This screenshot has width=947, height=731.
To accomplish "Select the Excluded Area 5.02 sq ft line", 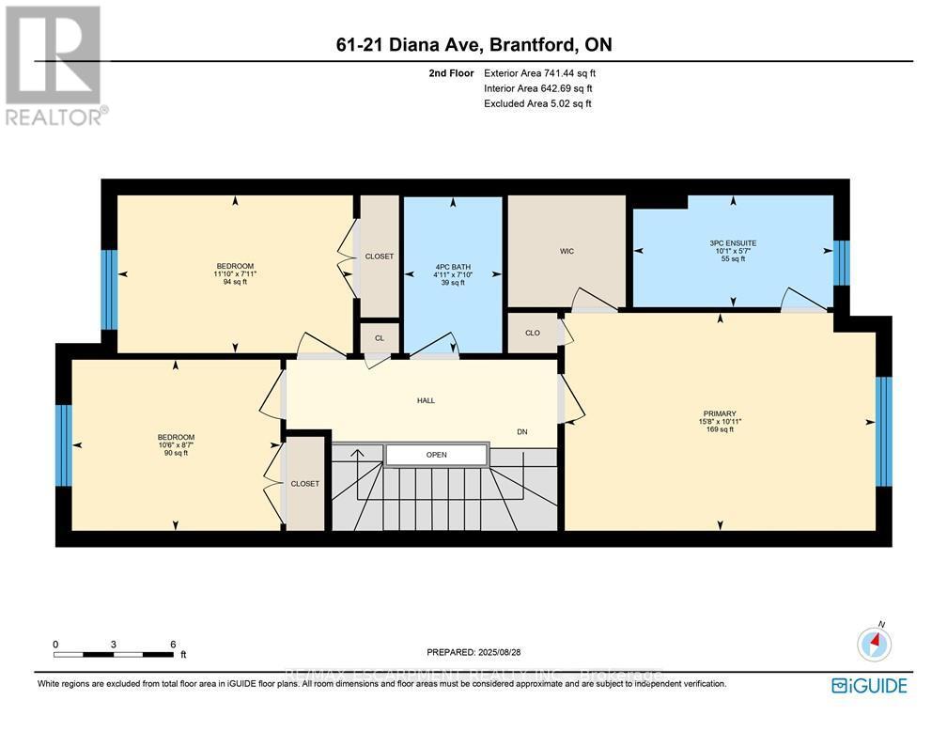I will [537, 103].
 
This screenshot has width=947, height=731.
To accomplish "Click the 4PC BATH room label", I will [453, 267].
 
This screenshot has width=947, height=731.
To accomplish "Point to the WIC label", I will [567, 251].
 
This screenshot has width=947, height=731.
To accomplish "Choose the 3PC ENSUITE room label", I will [733, 243].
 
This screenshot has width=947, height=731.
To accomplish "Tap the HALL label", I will [426, 400].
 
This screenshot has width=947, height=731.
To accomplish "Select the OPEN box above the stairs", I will [437, 455].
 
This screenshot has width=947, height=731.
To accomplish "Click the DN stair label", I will [522, 432].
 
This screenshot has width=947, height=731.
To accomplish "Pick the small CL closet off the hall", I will [380, 338].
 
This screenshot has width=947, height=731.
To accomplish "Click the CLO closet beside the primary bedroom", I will [532, 333].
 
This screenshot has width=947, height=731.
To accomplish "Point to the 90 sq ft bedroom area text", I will [176, 453].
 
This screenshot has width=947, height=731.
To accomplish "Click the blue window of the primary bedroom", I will [883, 431].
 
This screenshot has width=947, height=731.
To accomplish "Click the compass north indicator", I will [875, 644].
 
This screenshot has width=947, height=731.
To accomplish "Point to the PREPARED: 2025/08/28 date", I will [473, 651].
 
